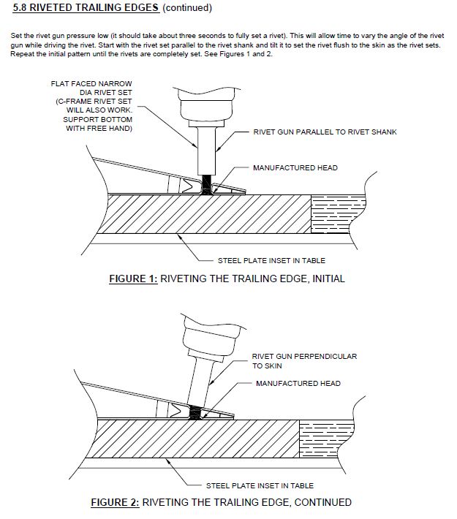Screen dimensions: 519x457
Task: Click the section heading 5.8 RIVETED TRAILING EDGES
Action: point(86,8)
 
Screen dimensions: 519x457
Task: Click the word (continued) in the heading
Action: point(186,8)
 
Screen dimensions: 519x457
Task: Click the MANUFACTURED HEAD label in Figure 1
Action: point(295,167)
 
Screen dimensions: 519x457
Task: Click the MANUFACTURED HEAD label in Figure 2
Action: point(298,383)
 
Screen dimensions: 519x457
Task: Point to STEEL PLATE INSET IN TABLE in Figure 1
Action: point(271,260)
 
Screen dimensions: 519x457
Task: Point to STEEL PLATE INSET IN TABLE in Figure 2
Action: point(260,485)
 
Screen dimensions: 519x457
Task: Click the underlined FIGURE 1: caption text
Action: point(132,279)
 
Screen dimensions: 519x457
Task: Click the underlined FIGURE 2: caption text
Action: point(114,502)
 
